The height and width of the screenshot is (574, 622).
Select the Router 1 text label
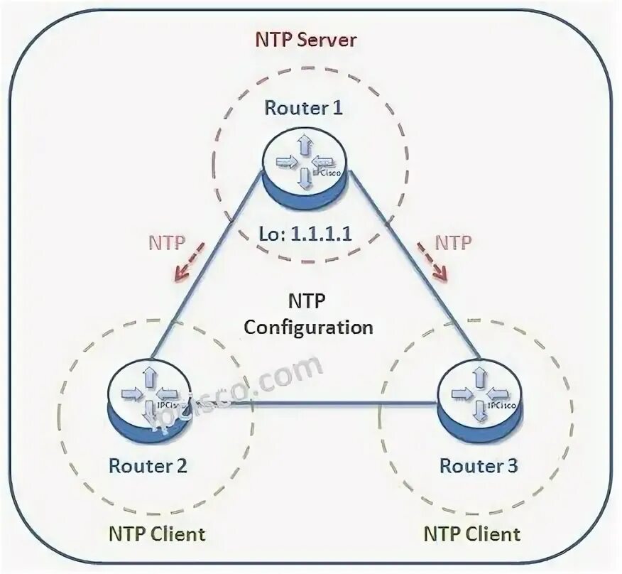click(303, 109)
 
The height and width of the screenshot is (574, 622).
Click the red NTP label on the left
click(167, 242)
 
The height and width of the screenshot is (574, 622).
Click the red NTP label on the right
click(452, 242)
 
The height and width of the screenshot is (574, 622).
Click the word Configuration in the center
click(307, 327)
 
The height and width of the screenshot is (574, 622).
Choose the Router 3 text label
click(479, 466)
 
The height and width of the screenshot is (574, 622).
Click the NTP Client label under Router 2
click(157, 533)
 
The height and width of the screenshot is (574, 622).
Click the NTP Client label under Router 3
click(472, 534)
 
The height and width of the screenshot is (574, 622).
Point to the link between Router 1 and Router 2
click(206, 270)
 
